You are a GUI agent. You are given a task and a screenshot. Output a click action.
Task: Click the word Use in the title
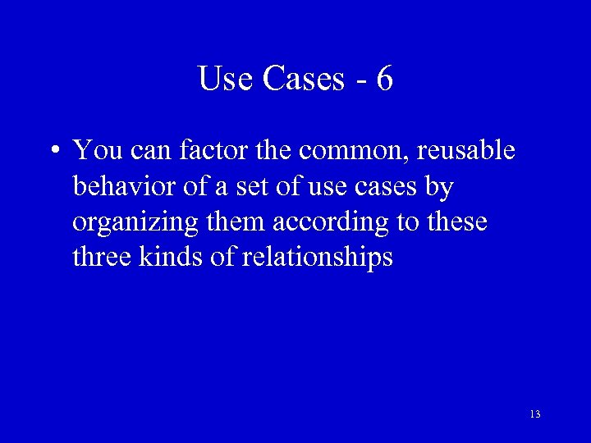point(227,79)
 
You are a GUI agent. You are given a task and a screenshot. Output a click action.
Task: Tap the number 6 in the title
point(384,79)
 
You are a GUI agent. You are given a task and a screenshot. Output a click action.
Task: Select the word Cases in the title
point(305,79)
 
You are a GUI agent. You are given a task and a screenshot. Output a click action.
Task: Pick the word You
point(97,151)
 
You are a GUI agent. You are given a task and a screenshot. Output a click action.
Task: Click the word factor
point(211,151)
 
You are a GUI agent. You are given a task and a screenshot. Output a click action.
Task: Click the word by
point(439,188)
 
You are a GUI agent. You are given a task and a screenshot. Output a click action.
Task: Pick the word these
point(458,221)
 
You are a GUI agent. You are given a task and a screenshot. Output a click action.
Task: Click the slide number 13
point(535,414)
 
